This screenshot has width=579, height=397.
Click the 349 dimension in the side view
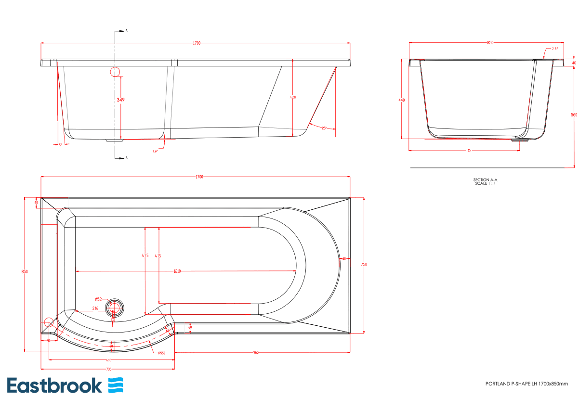(120, 100)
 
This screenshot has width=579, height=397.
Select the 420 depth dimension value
(292, 98)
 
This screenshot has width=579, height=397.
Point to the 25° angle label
(324, 128)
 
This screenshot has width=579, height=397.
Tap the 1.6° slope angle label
(155, 151)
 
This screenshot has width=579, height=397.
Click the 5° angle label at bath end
(60, 144)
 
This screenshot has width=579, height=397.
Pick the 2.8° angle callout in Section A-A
(554, 49)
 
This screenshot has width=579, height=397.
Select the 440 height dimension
(402, 100)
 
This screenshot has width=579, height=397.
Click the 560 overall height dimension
(574, 115)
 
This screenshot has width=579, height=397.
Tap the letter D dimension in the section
(469, 151)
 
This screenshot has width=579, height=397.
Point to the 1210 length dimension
(177, 272)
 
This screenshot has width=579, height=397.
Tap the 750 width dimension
(364, 264)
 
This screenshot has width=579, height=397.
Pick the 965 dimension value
(256, 353)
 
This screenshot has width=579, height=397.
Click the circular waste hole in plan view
(115, 307)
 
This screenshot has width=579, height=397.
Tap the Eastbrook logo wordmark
(54, 385)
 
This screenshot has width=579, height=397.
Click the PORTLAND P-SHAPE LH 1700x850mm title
(526, 384)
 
